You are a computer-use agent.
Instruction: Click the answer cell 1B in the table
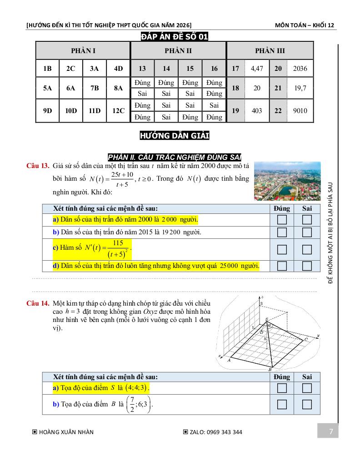(x=48, y=69)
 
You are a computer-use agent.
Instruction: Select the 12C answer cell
(x=119, y=111)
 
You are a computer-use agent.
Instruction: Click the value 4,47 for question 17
(x=257, y=69)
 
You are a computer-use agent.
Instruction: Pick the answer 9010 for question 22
(x=300, y=111)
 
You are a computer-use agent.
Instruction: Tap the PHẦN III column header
(x=270, y=51)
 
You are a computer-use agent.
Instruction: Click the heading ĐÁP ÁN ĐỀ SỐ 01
(x=175, y=37)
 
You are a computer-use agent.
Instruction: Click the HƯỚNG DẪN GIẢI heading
(x=175, y=135)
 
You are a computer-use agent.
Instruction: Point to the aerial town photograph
(x=287, y=180)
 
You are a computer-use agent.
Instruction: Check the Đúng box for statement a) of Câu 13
(x=282, y=220)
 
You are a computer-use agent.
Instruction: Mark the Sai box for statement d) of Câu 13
(x=307, y=266)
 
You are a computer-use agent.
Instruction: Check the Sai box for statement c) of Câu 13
(x=307, y=249)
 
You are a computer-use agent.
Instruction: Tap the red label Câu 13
(x=38, y=166)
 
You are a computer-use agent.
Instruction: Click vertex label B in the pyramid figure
(x=270, y=370)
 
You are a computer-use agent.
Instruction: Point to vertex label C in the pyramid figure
(x=306, y=340)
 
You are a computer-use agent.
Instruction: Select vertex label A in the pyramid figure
(x=229, y=360)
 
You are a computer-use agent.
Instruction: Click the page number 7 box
(x=330, y=431)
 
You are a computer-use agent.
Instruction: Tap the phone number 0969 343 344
(x=224, y=432)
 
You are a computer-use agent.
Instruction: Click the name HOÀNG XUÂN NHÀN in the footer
(x=66, y=432)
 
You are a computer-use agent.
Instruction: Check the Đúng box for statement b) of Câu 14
(x=282, y=404)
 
